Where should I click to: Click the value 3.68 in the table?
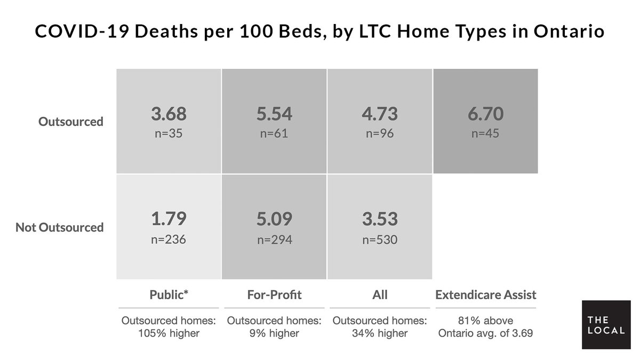coord(169,114)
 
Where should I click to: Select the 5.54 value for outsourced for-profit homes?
coord(274,114)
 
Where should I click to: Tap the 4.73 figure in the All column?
coord(380,114)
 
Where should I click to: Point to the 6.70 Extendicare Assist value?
coord(485,114)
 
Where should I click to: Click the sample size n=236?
coord(169,239)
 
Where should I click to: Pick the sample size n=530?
coord(380,239)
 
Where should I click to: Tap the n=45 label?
coord(485,133)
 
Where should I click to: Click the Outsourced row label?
coord(70,122)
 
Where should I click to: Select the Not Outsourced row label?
coord(59,227)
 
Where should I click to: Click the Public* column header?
coord(169,294)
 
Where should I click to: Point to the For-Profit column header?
coord(274,294)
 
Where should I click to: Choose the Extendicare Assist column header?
coord(485,294)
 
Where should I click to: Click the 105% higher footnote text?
coord(169,334)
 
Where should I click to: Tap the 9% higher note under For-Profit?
coord(274,334)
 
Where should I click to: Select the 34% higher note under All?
coord(380,334)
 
